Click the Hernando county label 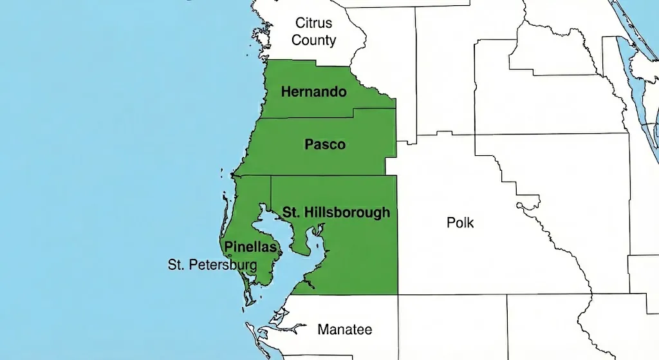point(314,92)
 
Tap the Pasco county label point(325,145)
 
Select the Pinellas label point(250,247)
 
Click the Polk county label point(460,223)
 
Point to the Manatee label point(345,330)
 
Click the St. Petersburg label point(212,265)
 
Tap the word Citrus point(314,23)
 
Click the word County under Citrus point(314,40)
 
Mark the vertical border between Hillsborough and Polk point(397,245)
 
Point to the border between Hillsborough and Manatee point(348,295)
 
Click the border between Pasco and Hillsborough point(322,175)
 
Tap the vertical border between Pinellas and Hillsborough point(271,190)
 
